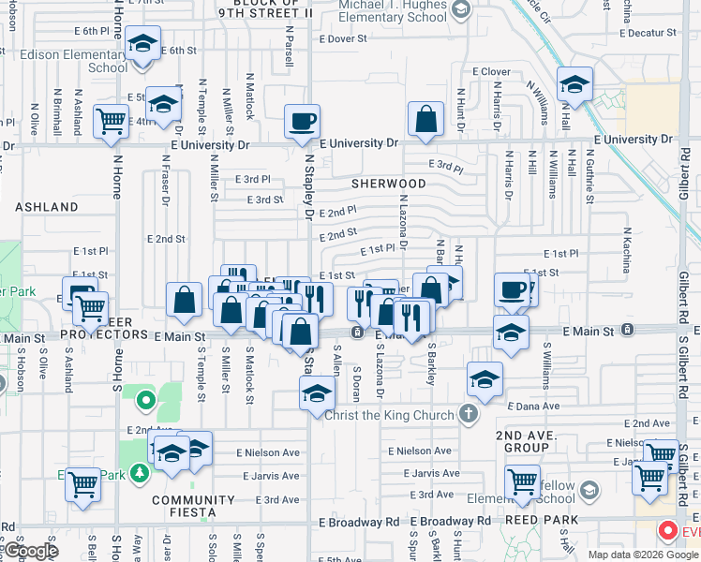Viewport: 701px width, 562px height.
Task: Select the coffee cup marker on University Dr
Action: click(x=303, y=123)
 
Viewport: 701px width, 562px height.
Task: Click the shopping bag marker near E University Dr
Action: click(x=425, y=120)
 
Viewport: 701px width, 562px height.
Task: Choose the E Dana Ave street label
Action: click(x=533, y=407)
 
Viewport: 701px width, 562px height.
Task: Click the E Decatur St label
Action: click(x=659, y=32)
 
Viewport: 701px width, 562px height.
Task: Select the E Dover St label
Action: click(x=349, y=39)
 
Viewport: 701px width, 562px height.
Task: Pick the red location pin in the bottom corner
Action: click(x=668, y=531)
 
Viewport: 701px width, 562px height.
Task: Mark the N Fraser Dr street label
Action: click(x=164, y=186)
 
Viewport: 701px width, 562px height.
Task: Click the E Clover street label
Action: click(x=491, y=71)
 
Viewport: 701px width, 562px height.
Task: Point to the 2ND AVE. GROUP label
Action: click(x=522, y=441)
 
